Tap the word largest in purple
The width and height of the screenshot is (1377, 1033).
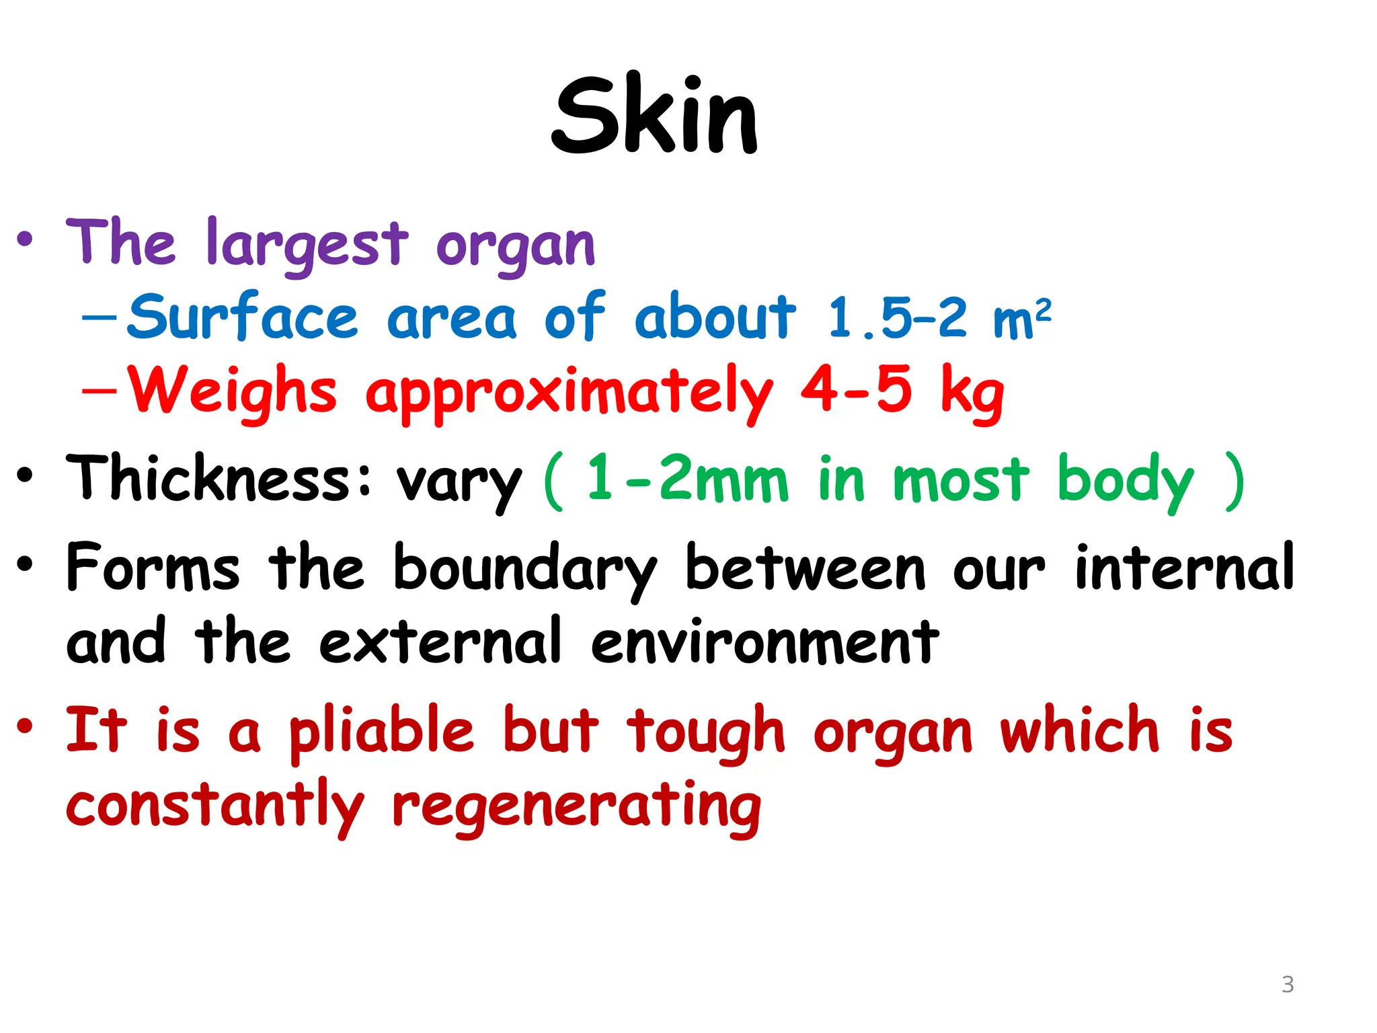pos(307,244)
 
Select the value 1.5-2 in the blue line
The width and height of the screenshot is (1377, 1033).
pos(897,317)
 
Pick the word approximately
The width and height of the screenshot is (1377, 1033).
pos(569,393)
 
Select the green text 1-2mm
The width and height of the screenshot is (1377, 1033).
pos(687,479)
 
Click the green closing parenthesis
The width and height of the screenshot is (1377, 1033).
pos(1234,480)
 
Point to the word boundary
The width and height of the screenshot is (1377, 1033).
pos(524,569)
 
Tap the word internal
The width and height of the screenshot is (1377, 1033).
pos(1184,568)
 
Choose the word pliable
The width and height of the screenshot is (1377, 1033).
pos(382,732)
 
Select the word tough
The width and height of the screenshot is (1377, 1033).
pos(705,732)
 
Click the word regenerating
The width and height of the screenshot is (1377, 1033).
pos(576,807)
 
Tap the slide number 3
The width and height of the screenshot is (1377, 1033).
pos(1287,985)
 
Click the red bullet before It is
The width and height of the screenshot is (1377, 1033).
pos(25,726)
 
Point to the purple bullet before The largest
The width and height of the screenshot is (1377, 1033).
pos(25,239)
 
